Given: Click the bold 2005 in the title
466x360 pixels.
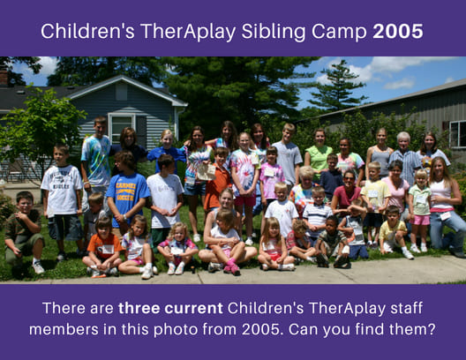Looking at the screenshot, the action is [398, 31].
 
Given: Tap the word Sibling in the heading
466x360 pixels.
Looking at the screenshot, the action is [274, 32].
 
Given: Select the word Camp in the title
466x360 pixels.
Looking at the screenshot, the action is [339, 32].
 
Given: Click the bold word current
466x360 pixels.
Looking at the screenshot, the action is [193, 309].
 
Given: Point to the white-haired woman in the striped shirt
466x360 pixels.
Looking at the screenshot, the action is [405, 157].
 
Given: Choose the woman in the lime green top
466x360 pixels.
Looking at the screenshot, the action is [319, 153].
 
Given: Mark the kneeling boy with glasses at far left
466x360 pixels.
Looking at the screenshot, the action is [24, 232].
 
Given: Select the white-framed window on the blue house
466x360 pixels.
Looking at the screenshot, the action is [123, 129].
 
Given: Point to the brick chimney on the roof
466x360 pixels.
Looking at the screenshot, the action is [4, 78].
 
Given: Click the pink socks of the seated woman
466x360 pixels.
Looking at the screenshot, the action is [231, 266].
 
